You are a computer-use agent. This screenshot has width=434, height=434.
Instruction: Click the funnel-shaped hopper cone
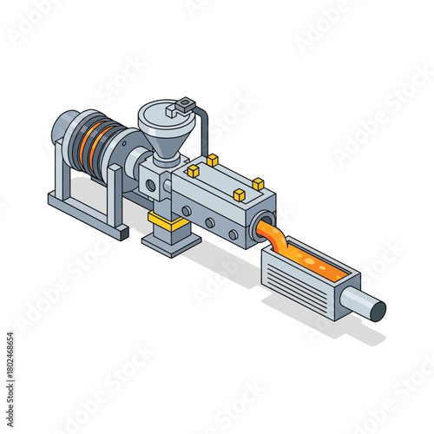[x=165, y=140]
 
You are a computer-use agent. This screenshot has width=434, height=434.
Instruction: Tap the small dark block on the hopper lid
[x=181, y=108]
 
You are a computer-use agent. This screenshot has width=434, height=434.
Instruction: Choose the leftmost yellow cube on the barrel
[x=193, y=172]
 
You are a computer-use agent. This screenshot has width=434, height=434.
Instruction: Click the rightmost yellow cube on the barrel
[x=258, y=183]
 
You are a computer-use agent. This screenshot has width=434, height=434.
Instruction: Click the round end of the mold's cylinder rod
[x=377, y=306]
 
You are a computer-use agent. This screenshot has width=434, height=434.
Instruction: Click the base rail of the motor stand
[x=87, y=214]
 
